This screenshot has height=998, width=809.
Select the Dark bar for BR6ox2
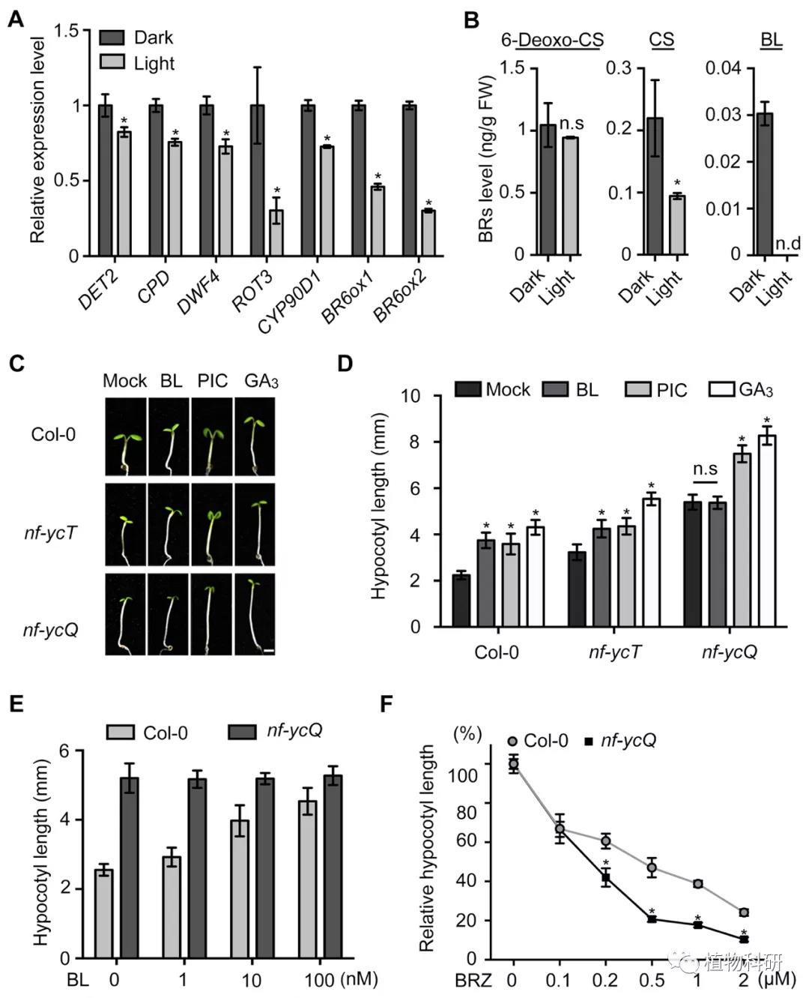tap(410, 181)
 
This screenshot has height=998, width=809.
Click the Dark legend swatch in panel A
tap(112, 37)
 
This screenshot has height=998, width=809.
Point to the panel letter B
tap(471, 20)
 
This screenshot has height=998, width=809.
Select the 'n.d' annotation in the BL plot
tap(787, 243)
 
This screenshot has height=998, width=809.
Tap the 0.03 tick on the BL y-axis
tap(723, 115)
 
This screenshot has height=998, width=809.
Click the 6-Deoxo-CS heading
tap(552, 40)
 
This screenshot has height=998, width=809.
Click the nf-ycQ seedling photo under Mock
tap(125, 614)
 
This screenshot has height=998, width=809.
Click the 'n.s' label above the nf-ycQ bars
tap(705, 469)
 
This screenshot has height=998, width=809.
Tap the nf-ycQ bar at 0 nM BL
tap(130, 868)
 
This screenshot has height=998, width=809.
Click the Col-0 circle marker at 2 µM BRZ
tap(744, 913)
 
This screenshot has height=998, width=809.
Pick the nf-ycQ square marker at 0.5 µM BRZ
tap(652, 919)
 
